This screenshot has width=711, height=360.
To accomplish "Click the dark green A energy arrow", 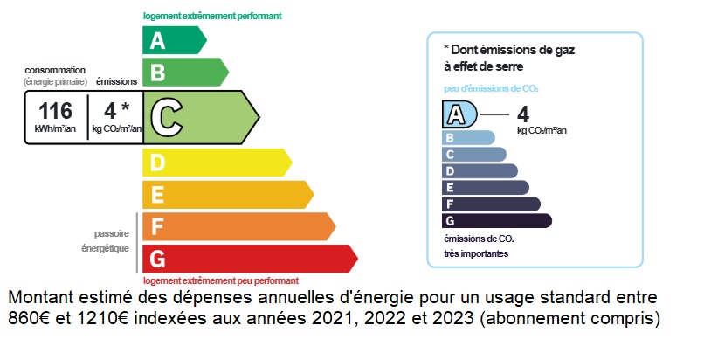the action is tap(174, 40).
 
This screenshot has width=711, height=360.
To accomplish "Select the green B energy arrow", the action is tap(185, 72).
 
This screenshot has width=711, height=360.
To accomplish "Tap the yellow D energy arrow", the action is tap(217, 163).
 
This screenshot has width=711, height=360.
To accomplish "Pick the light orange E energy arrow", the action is tap(228, 195).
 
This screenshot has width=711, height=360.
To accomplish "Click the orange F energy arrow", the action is tap(238, 226).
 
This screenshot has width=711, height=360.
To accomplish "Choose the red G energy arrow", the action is tap(250, 259).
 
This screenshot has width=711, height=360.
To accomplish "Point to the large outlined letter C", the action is tap(167, 117).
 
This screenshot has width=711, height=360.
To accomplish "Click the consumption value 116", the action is tap(55, 111).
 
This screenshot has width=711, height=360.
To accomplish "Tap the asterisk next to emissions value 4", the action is tap(125, 107).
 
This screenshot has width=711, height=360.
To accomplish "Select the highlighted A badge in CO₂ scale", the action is tap(459, 114).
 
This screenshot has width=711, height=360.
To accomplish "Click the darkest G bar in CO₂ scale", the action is tap(496, 221).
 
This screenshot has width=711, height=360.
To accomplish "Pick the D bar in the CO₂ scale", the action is tap(480, 171).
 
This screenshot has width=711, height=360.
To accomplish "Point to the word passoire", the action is tap(112, 234).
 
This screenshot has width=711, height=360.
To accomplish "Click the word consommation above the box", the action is tap(55, 70).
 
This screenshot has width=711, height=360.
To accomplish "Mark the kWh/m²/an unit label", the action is tap(55, 128).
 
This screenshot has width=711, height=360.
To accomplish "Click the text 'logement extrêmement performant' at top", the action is tap(212, 17).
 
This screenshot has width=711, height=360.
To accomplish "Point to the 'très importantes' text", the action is tap(476, 254).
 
